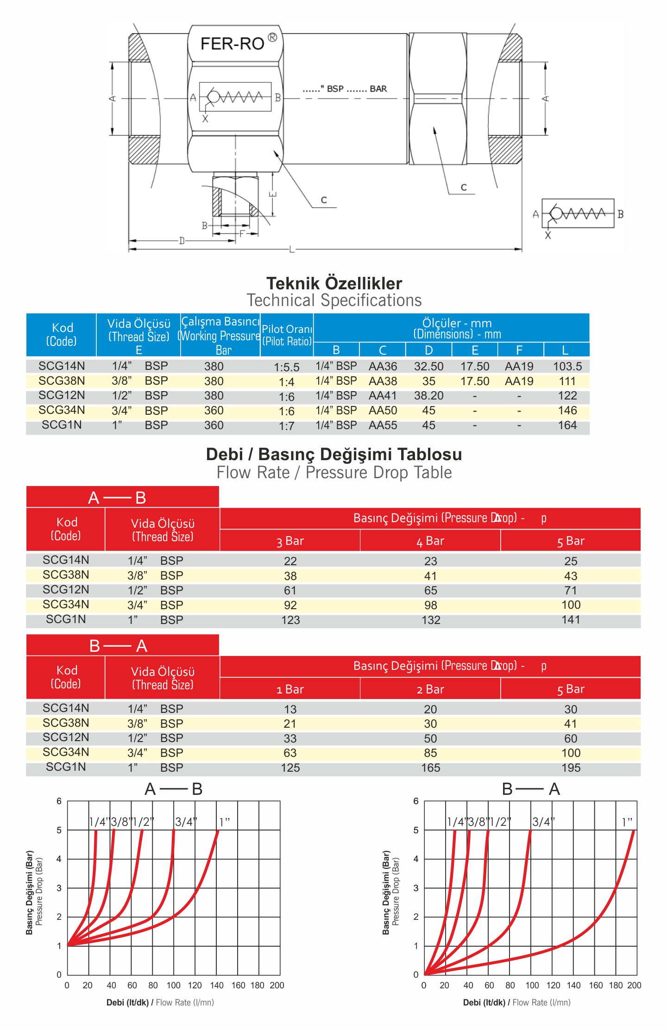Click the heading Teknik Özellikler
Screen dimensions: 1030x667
click(x=334, y=283)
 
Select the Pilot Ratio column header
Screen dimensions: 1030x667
click(x=287, y=335)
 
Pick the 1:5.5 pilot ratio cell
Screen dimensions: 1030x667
click(x=286, y=367)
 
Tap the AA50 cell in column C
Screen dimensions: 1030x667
click(x=383, y=411)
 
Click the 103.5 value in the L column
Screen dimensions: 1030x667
click(x=567, y=366)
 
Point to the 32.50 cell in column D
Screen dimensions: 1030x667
click(x=428, y=366)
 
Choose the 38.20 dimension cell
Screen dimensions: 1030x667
click(x=428, y=396)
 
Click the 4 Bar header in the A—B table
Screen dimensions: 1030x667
click(x=430, y=541)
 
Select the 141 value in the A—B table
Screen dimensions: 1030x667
click(x=571, y=619)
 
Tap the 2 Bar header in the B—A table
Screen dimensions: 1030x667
click(x=430, y=689)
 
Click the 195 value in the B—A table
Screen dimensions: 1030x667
click(x=571, y=768)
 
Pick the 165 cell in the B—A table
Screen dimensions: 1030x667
click(x=430, y=768)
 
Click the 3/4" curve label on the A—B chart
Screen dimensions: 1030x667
click(x=186, y=822)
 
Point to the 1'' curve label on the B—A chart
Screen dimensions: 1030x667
click(x=627, y=822)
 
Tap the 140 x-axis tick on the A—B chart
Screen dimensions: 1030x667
click(x=216, y=985)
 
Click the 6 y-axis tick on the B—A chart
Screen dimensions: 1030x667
click(x=415, y=801)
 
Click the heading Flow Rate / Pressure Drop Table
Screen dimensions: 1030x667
click(x=334, y=472)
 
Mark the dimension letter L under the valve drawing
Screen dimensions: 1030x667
click(x=291, y=250)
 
